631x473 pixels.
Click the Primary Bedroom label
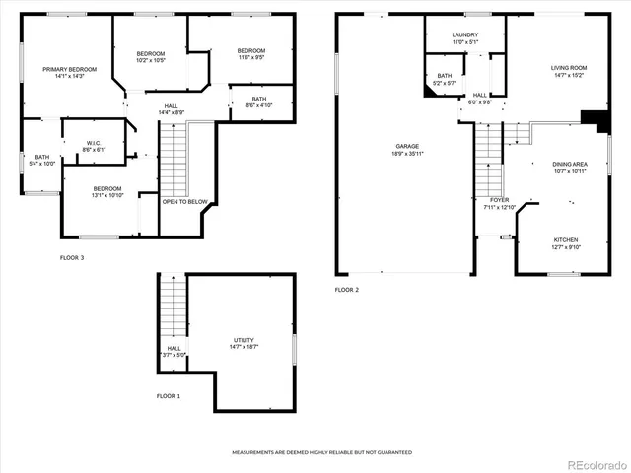[x=69, y=69]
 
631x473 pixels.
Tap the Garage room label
[x=406, y=148]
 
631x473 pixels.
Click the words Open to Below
[x=185, y=201]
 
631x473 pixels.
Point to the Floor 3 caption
[x=72, y=258]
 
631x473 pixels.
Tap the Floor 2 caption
[x=346, y=290]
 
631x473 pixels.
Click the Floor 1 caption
[x=169, y=395]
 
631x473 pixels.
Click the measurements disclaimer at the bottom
[x=321, y=452]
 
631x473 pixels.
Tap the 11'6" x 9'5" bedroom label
[x=250, y=57]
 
